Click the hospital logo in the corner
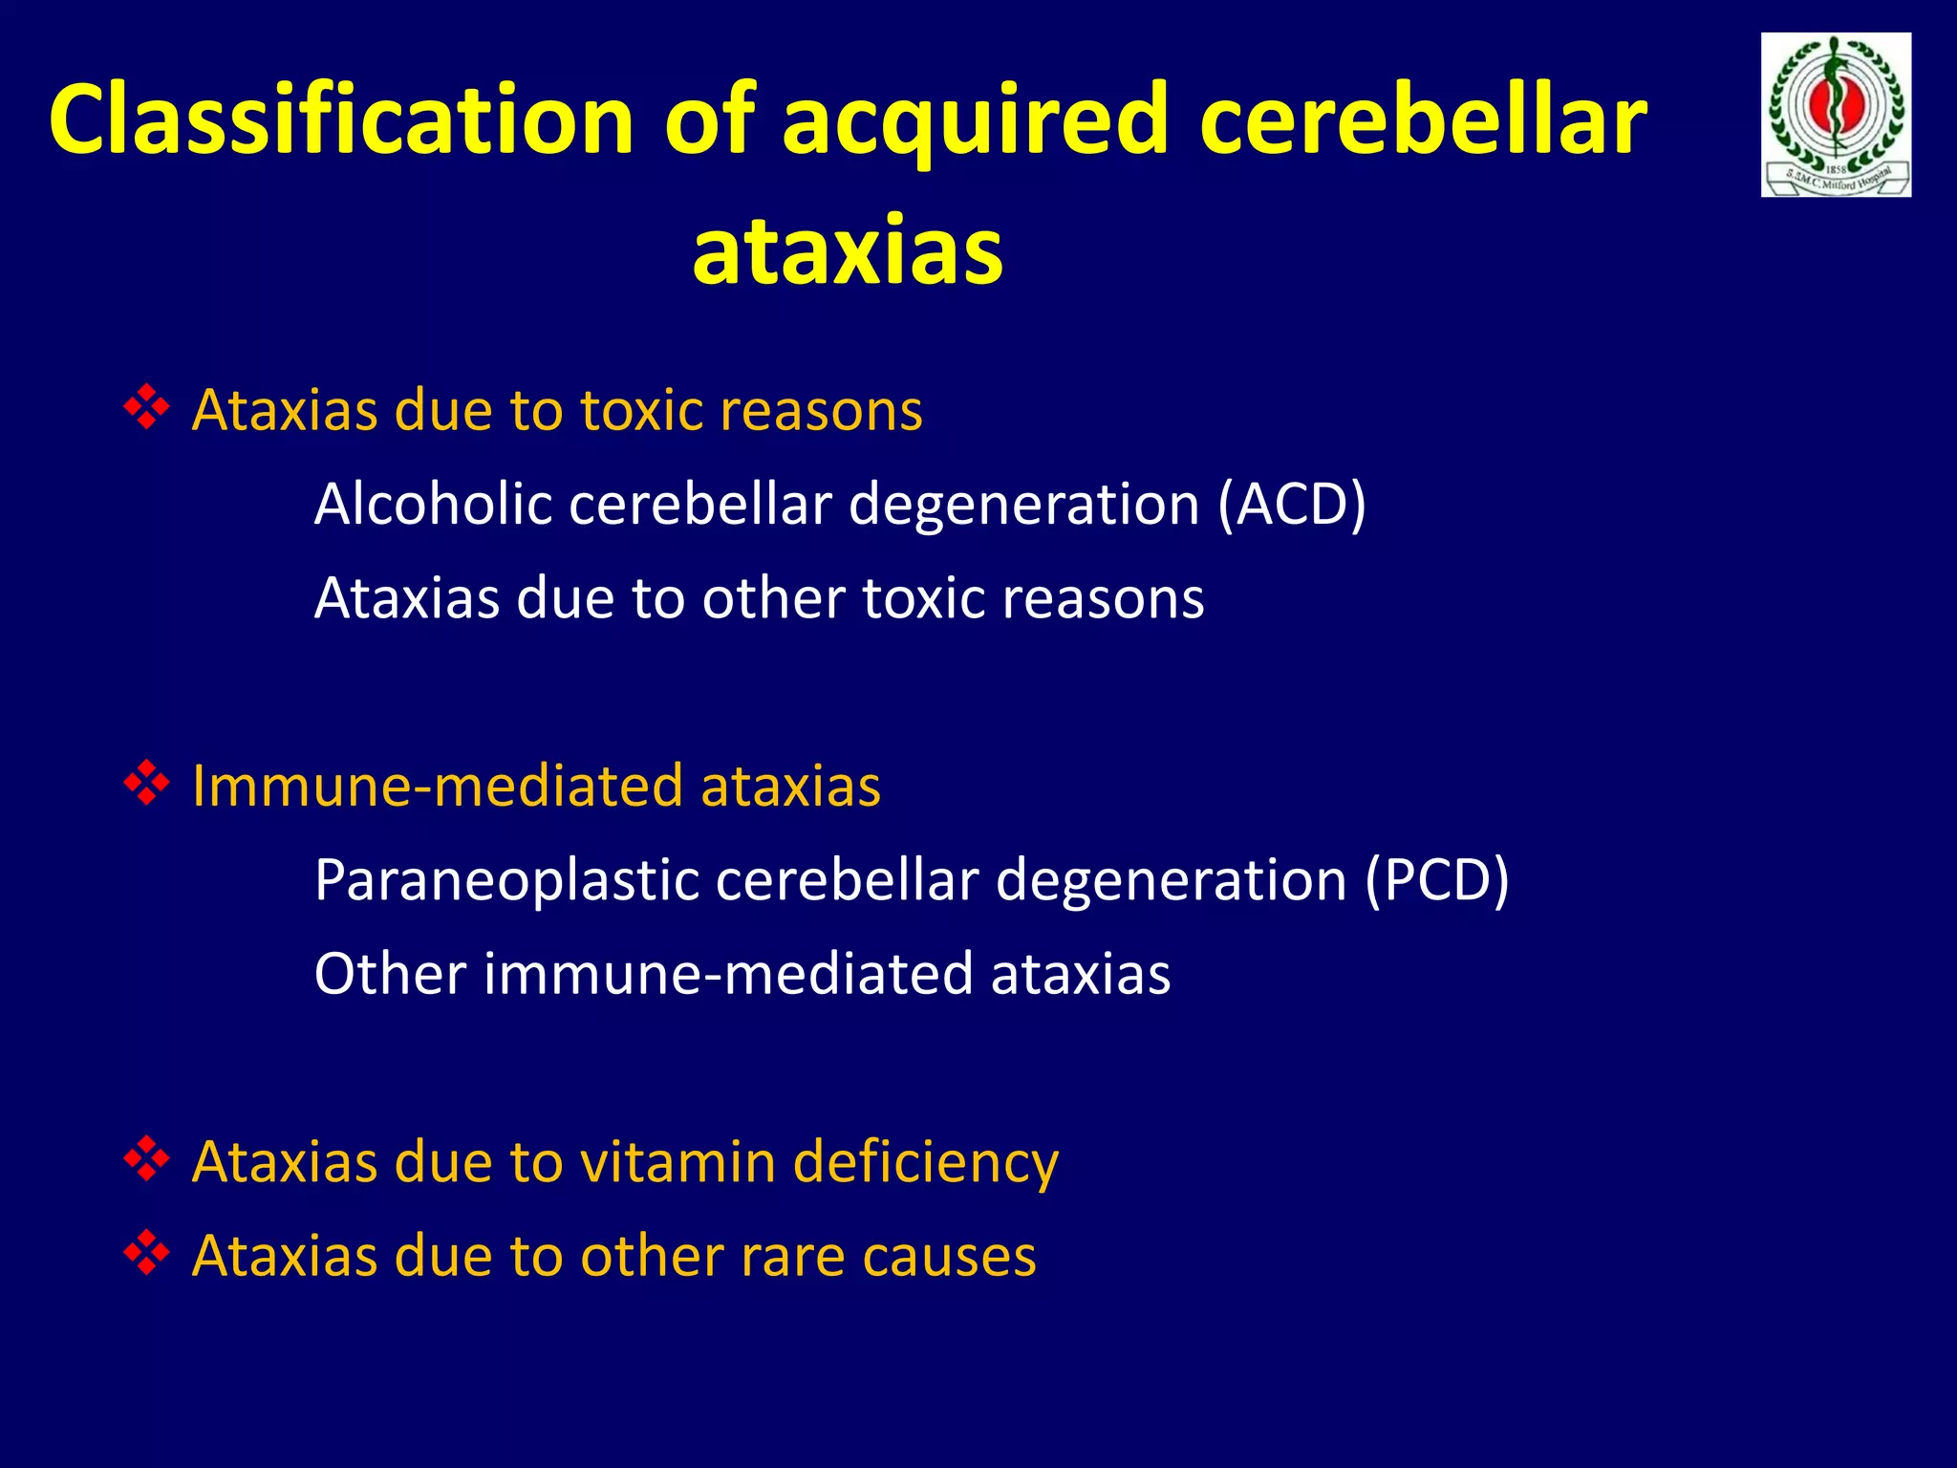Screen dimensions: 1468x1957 click(x=1836, y=115)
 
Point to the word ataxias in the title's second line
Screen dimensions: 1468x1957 click(x=848, y=251)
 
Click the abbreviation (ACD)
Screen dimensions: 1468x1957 click(x=1292, y=504)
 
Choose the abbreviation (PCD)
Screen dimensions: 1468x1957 click(x=1437, y=879)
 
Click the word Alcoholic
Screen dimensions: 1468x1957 click(x=433, y=504)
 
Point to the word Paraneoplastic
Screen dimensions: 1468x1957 click(x=506, y=879)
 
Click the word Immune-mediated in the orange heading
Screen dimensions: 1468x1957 click(x=437, y=786)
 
